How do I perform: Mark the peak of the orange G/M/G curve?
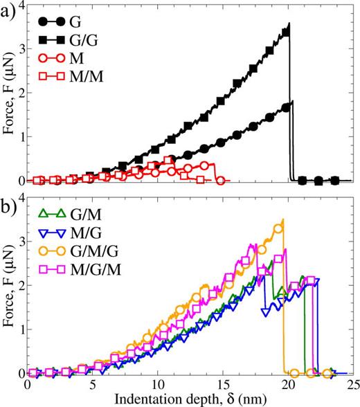click(x=282, y=221)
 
